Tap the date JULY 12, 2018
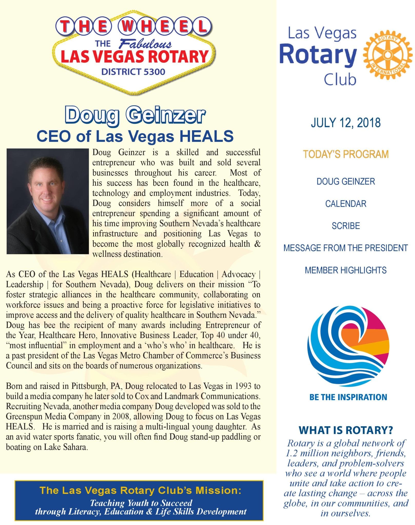345,123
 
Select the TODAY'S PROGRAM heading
346,154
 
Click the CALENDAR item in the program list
345,204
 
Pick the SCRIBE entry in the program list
345,226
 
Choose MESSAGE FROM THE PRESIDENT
345,248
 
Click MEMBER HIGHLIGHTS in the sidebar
345,270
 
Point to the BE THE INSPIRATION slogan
348,397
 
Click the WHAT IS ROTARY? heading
346,430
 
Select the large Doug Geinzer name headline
135,115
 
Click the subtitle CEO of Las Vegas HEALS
135,136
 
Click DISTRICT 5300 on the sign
133,72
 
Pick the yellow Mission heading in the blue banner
140,490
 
